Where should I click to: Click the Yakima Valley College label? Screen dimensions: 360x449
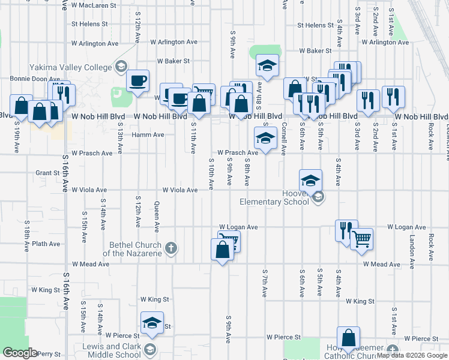pyautogui.click(x=73, y=67)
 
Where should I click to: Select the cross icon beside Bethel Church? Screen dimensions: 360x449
pyautogui.click(x=171, y=248)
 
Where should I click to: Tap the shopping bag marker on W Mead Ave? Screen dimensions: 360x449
pyautogui.click(x=222, y=250)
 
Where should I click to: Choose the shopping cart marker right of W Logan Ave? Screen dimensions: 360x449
pyautogui.click(x=361, y=239)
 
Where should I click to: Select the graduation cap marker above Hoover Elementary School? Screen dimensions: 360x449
pyautogui.click(x=310, y=180)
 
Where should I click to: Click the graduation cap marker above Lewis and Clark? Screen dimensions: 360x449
pyautogui.click(x=152, y=323)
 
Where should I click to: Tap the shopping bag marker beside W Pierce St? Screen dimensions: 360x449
pyautogui.click(x=348, y=338)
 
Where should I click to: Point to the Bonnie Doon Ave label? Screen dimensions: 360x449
pyautogui.click(x=34, y=79)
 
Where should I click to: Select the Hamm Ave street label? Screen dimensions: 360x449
pyautogui.click(x=148, y=135)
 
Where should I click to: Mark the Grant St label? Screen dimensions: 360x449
pyautogui.click(x=46, y=173)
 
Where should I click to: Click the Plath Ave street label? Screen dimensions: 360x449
pyautogui.click(x=46, y=244)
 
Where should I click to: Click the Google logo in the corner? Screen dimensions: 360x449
pyautogui.click(x=20, y=353)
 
